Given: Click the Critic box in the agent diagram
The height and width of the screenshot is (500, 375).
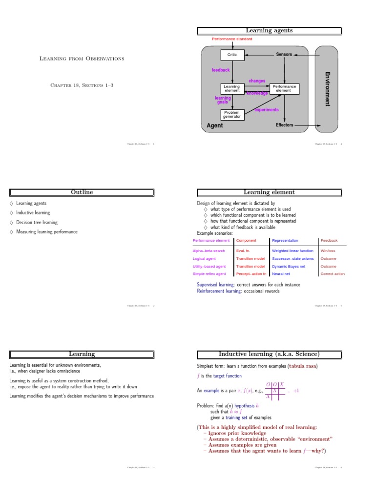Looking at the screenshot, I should [232, 55].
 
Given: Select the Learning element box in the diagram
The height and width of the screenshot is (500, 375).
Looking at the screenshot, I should [231, 88].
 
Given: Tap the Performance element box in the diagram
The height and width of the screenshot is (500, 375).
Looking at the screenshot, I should [284, 88].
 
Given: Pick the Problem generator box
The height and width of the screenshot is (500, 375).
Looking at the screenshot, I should [231, 114].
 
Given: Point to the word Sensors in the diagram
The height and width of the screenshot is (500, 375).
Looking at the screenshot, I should [284, 54].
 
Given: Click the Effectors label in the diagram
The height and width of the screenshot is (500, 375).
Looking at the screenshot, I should [285, 125].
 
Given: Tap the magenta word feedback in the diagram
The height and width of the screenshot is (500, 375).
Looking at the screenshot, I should [221, 70].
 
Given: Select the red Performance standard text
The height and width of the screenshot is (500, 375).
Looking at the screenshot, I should [230, 39].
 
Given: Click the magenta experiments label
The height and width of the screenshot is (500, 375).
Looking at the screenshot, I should [267, 110].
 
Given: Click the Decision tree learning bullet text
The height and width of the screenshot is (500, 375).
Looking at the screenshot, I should [37, 222].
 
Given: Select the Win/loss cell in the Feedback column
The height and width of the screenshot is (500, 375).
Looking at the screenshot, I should [328, 251].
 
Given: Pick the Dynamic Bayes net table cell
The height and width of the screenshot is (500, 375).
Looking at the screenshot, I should [289, 267].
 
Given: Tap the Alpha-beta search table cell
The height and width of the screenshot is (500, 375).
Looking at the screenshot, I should [209, 251].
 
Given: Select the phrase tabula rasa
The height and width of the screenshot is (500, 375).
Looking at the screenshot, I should [306, 366].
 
